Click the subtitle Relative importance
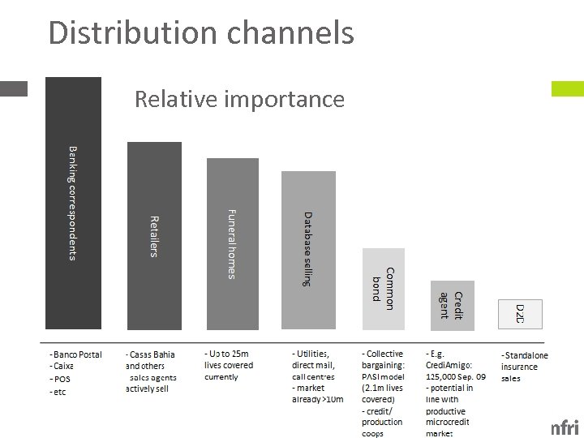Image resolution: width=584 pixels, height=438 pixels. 239,99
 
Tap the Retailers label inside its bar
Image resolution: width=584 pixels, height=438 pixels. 154,235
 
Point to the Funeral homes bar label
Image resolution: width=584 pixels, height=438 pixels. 231,243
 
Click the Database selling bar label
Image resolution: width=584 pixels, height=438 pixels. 307,249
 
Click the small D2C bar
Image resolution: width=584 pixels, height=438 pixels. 520,315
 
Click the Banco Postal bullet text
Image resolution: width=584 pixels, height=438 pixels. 75,354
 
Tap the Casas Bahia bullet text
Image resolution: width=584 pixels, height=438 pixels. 151,354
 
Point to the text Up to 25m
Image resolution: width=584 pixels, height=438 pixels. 227,354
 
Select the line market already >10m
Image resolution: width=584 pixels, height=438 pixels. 318,399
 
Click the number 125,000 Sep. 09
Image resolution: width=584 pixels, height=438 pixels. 456,376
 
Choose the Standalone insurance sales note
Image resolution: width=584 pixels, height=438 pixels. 524,367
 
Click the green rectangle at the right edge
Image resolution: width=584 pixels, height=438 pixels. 567,89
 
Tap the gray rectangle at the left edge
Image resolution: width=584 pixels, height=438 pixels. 13,88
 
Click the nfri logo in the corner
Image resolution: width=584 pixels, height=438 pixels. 565,427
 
